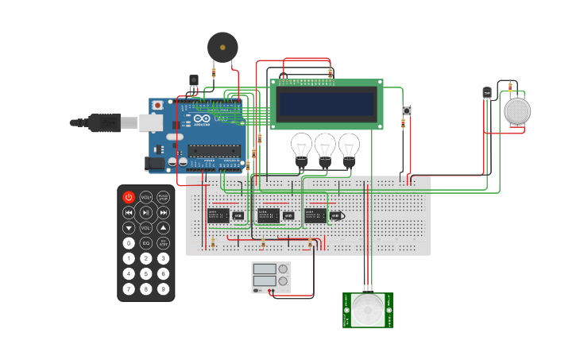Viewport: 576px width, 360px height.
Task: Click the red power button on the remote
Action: click(x=129, y=197)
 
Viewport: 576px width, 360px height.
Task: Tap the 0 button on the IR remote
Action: click(x=129, y=243)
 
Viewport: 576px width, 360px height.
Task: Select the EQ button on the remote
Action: click(x=146, y=243)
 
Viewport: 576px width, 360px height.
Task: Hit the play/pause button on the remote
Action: click(x=146, y=212)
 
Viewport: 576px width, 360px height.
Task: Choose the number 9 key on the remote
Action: click(x=163, y=288)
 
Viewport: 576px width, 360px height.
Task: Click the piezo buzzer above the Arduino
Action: click(x=222, y=47)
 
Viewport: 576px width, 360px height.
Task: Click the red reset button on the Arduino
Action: click(x=157, y=105)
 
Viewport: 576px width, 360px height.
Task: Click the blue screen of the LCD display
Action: click(x=326, y=104)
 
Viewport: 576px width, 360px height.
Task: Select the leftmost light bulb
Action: click(x=301, y=147)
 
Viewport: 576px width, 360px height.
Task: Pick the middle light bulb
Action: click(x=325, y=147)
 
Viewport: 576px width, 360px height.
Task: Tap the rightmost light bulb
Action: click(x=349, y=147)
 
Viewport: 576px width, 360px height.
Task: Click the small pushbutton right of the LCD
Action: click(x=407, y=110)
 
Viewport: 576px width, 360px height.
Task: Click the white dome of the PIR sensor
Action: click(x=368, y=309)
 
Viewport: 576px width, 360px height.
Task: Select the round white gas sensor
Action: click(x=516, y=111)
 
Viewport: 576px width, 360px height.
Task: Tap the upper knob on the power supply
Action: click(x=283, y=269)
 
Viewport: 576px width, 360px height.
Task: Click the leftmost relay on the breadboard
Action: click(x=218, y=215)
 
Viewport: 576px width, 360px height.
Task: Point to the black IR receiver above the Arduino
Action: click(x=194, y=79)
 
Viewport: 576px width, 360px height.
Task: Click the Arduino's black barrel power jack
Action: click(x=156, y=164)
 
